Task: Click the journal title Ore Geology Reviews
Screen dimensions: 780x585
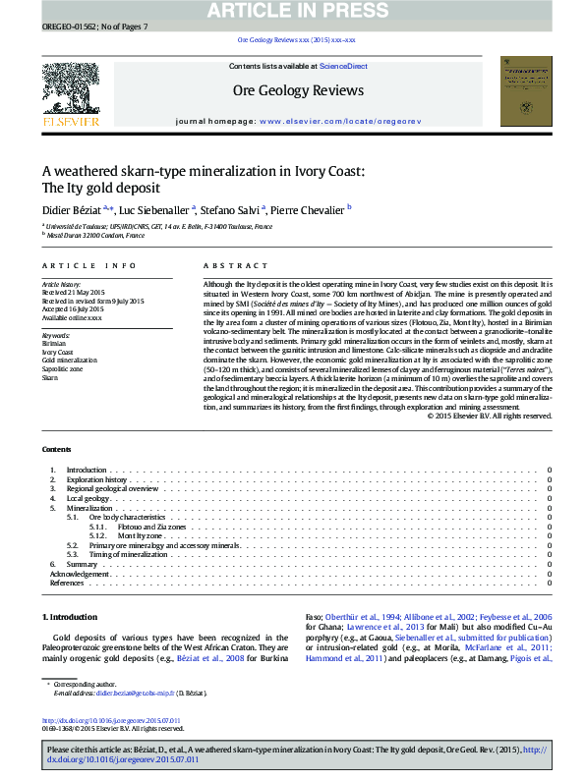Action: (297, 90)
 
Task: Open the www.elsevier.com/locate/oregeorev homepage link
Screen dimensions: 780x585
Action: (339, 120)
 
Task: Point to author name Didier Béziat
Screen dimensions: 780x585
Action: (73, 208)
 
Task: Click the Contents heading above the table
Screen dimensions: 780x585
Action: (56, 449)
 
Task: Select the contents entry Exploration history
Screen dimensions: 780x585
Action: (96, 479)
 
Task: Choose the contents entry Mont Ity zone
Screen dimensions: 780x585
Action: (140, 535)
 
